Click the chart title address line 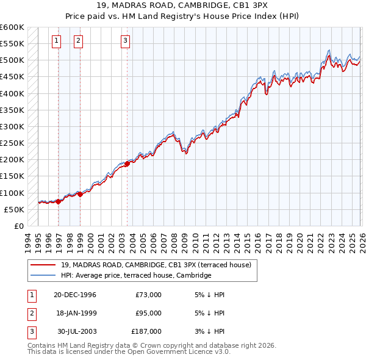183,5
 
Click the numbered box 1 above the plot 56,41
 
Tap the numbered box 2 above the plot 79,41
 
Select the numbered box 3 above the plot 125,41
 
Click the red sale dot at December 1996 59,201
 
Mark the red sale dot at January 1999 81,194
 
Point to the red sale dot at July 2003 127,164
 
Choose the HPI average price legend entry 135,275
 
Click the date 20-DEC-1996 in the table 75,295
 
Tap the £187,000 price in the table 146,331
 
